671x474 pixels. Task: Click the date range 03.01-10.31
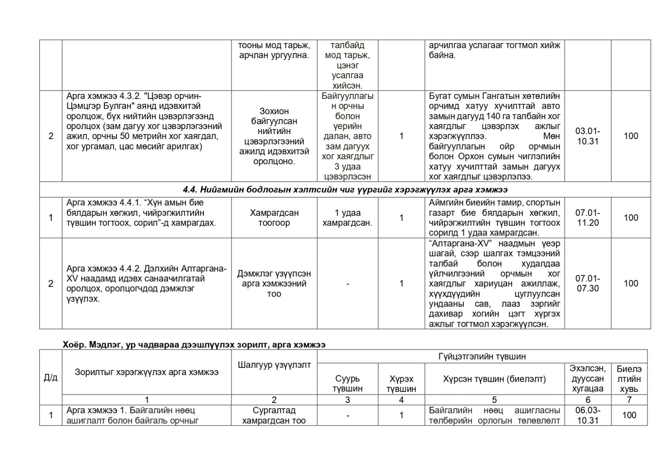click(x=588, y=136)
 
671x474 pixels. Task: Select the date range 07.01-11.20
click(x=588, y=218)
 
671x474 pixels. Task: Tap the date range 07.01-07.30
click(x=588, y=283)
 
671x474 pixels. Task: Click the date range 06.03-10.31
click(x=588, y=415)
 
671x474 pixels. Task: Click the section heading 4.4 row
click(x=345, y=189)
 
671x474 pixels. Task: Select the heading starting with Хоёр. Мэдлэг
click(x=194, y=344)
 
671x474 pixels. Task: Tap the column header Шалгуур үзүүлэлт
click(x=274, y=365)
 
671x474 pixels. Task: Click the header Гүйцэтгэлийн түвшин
click(x=482, y=356)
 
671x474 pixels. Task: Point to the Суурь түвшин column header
click(x=348, y=383)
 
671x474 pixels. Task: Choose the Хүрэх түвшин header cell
click(x=401, y=383)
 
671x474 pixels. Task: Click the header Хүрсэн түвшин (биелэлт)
click(x=494, y=379)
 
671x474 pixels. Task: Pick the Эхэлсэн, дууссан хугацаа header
click(x=588, y=378)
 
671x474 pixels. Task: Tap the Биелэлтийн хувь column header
click(x=629, y=378)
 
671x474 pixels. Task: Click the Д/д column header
click(x=51, y=378)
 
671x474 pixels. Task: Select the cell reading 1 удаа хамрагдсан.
click(x=348, y=218)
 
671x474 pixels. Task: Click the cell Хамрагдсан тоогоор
click(x=274, y=218)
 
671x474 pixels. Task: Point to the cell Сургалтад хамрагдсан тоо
click(x=274, y=415)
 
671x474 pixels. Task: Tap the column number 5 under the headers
click(x=494, y=400)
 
